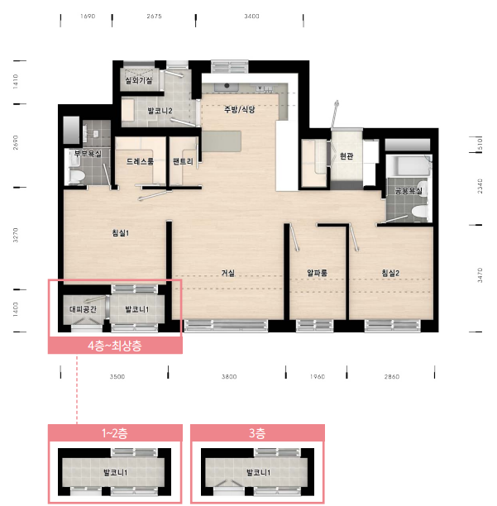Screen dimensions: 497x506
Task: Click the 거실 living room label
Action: [228, 273]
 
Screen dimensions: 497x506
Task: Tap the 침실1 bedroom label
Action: [121, 232]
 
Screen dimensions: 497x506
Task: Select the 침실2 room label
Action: [390, 273]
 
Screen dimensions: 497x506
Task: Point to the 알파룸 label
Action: [317, 273]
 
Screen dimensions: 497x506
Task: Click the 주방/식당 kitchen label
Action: [240, 109]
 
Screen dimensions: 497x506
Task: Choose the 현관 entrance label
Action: [346, 156]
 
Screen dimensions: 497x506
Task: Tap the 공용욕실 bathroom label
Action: [409, 191]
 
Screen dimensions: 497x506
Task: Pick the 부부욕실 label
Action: [88, 153]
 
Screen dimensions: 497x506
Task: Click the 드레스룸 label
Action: [140, 161]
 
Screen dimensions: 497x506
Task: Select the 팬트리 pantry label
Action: [183, 161]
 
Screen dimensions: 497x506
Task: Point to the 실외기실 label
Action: [139, 80]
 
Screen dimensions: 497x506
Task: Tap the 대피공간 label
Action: [83, 309]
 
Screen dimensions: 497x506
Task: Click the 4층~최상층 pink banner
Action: [115, 346]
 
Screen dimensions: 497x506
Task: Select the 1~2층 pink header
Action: [115, 432]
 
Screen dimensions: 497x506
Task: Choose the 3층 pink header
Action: [257, 432]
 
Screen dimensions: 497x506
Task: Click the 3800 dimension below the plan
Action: [229, 376]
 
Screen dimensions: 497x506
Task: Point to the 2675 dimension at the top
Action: [154, 17]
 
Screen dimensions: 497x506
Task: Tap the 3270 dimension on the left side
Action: [15, 235]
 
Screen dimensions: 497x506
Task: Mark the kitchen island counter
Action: [222, 141]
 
